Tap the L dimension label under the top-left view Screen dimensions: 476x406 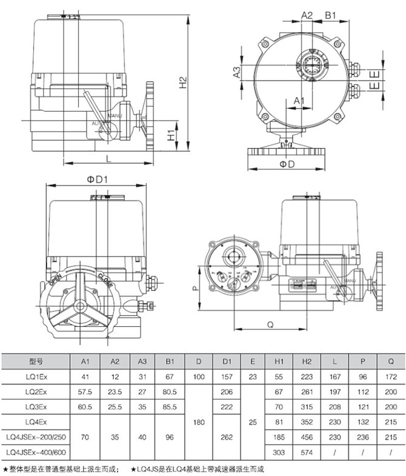tap(108, 158)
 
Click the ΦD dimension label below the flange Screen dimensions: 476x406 tap(287, 164)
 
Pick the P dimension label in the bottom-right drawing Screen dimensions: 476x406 tap(195, 289)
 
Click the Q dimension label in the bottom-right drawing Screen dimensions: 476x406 tap(270, 324)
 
